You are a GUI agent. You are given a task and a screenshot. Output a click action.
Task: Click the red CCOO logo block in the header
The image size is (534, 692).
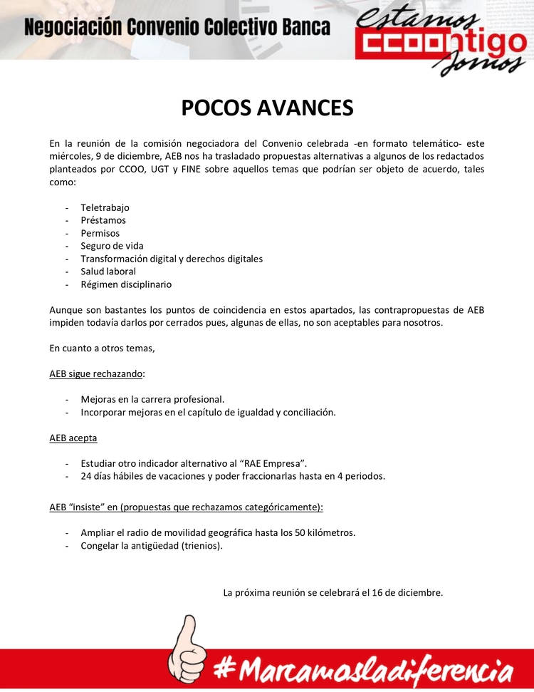pos(399,43)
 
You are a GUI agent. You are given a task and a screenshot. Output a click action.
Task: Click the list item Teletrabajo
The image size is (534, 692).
pos(105,207)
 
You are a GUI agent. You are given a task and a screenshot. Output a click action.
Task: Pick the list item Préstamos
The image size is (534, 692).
pos(103,220)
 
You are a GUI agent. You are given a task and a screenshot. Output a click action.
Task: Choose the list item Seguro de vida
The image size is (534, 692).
pos(112,246)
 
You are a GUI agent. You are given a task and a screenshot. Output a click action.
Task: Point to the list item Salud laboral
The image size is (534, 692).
pos(108,272)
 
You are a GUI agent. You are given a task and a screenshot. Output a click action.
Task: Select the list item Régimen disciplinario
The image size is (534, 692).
pos(126,284)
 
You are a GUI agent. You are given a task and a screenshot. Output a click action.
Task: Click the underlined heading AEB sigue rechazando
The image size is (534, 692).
pos(97,373)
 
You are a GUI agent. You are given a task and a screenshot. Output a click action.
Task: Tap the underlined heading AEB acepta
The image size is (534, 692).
pos(73,438)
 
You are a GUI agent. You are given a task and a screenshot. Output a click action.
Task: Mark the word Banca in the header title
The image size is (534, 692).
pos(304,28)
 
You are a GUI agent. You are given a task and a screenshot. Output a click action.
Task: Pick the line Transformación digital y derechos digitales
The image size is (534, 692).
pos(172,259)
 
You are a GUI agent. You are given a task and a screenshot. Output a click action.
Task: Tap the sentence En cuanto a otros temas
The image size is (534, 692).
pos(102,348)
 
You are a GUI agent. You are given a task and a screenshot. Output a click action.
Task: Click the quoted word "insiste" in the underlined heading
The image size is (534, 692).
pos(90,507)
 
